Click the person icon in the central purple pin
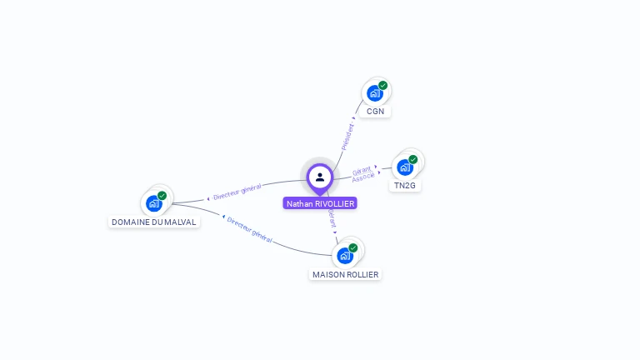click(x=320, y=177)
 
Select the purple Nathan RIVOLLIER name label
click(x=320, y=203)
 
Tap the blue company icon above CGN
click(x=374, y=93)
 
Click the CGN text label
click(x=375, y=111)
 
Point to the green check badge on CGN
click(x=383, y=85)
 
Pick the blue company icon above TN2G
click(x=404, y=167)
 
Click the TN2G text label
click(x=405, y=185)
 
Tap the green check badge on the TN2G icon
click(x=413, y=159)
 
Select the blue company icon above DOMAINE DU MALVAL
click(x=153, y=202)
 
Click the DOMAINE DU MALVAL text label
click(x=154, y=222)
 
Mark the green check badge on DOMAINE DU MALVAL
click(x=162, y=195)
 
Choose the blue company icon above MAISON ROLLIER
click(x=344, y=255)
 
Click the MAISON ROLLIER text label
click(x=345, y=274)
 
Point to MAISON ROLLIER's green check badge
click(x=353, y=247)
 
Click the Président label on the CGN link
click(x=347, y=136)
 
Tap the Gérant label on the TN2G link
click(x=361, y=171)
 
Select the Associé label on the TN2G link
click(x=363, y=177)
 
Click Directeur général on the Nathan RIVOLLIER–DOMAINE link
click(x=237, y=192)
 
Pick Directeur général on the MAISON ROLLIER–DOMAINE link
click(x=250, y=229)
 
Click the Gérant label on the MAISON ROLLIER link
click(x=332, y=218)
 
